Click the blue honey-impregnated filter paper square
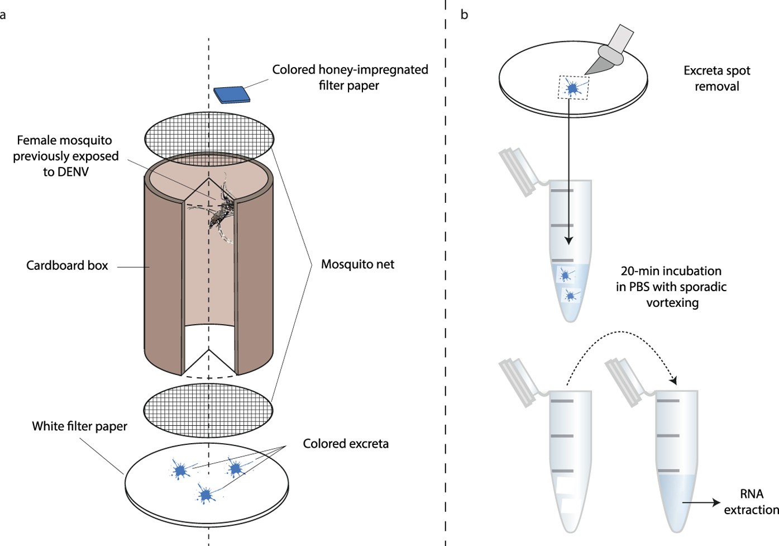[x=232, y=94]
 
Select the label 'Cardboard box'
[x=67, y=265]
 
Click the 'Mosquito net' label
[x=357, y=264]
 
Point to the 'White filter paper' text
[x=79, y=426]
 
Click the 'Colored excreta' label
[x=346, y=444]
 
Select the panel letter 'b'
[x=464, y=15]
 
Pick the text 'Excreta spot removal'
[x=716, y=78]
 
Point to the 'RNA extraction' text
[x=751, y=502]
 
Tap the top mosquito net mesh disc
[x=209, y=138]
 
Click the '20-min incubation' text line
[x=671, y=271]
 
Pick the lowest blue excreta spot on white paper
[x=205, y=495]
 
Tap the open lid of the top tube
[x=518, y=172]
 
